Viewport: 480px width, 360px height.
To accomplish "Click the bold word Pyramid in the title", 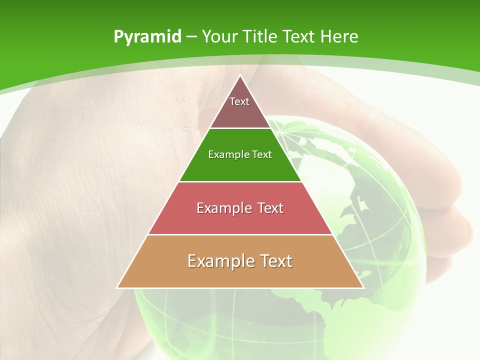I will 147,37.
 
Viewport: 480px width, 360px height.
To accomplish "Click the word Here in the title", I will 339,37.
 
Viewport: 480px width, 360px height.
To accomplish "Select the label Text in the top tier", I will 239,101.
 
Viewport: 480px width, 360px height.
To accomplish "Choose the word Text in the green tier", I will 262,154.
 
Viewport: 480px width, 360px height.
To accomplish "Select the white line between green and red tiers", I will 240,181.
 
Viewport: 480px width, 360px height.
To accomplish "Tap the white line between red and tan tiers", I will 240,234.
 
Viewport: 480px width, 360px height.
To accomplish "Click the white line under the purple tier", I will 240,128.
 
